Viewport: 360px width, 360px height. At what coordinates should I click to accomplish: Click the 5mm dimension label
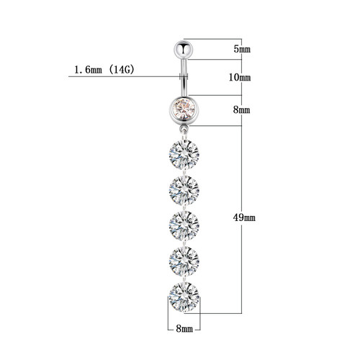click(x=242, y=49)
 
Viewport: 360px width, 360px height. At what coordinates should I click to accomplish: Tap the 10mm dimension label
click(x=240, y=77)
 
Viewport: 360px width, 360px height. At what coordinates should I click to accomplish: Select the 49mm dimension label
click(x=244, y=217)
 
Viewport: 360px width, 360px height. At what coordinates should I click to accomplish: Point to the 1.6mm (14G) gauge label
click(x=104, y=70)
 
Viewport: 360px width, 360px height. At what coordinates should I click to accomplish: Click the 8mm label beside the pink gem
click(x=242, y=110)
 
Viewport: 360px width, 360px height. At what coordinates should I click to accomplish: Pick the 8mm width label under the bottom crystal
click(x=184, y=328)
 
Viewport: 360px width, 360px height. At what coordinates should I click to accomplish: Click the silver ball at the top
click(x=184, y=50)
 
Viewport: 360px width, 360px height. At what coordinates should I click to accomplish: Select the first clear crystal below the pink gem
click(x=184, y=154)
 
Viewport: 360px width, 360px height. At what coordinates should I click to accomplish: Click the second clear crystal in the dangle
click(x=184, y=190)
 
